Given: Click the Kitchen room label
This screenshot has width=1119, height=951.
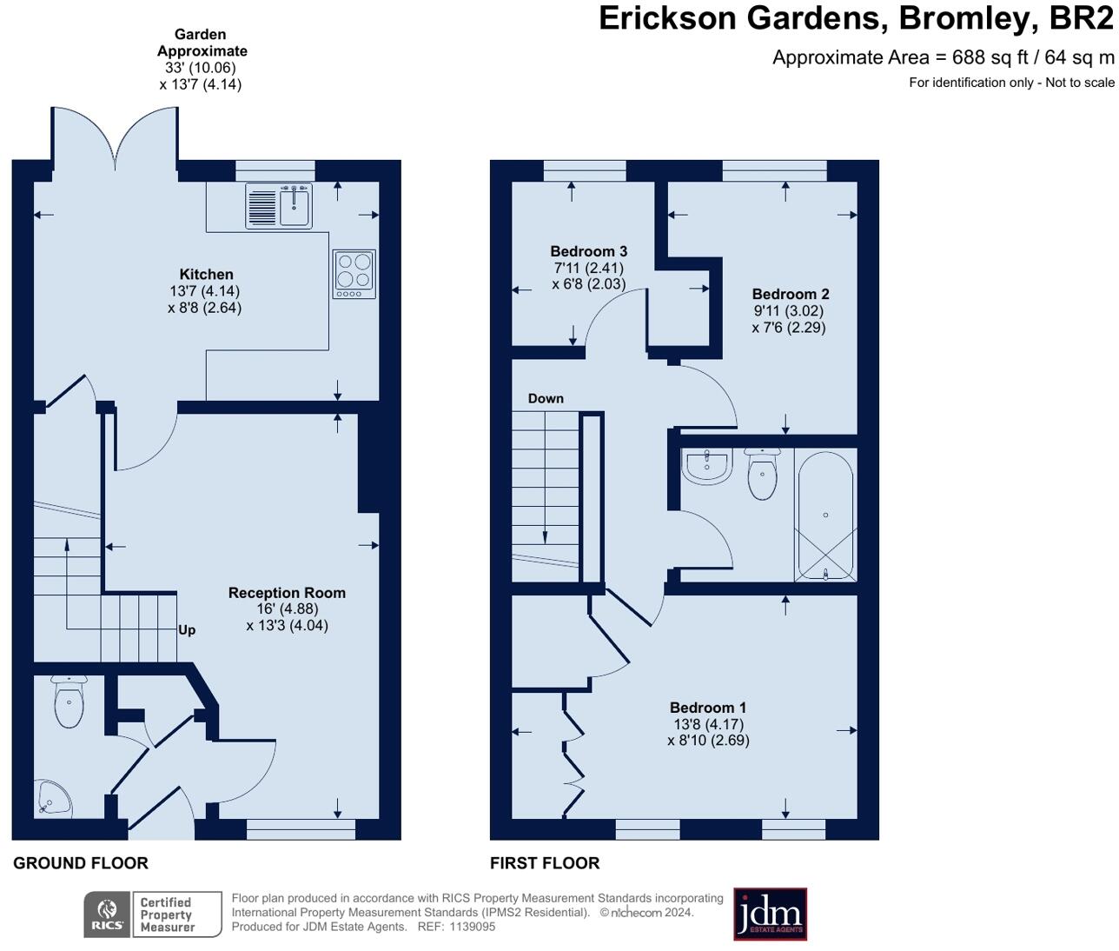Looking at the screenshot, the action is click(206, 274).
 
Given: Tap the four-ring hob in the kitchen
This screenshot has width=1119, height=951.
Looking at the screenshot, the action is click(354, 274).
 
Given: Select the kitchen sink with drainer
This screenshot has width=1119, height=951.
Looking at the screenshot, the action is click(279, 206).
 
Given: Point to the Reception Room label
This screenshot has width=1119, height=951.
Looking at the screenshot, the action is click(287, 593).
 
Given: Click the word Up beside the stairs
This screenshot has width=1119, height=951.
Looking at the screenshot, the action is click(187, 630).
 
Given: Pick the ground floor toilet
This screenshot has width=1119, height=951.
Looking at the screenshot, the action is click(69, 701).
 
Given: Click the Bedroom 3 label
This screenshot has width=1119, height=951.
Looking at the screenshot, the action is click(588, 251).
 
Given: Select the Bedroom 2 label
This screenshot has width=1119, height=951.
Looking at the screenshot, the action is click(791, 294).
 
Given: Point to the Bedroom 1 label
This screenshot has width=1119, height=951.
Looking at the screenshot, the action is click(708, 708).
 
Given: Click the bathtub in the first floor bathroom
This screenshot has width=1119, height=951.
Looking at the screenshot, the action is click(825, 516).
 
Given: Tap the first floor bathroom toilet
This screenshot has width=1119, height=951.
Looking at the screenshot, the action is click(762, 474).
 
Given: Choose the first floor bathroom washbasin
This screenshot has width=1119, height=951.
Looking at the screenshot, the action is click(707, 466).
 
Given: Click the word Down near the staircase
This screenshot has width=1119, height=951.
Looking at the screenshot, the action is click(546, 399).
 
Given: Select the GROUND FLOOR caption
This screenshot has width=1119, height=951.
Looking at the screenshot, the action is click(81, 863).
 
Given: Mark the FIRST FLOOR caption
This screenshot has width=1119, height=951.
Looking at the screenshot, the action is click(545, 863).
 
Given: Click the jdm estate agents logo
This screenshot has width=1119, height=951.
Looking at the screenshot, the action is click(770, 914).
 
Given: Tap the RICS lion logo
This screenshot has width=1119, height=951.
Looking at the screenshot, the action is click(107, 914).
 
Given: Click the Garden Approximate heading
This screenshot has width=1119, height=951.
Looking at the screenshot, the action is click(202, 43).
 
